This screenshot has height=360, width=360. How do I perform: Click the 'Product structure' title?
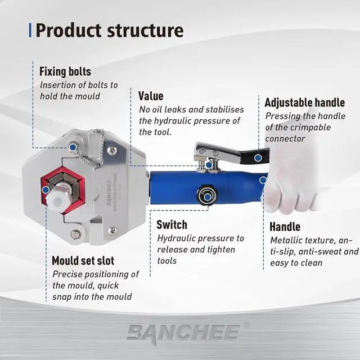[110, 30]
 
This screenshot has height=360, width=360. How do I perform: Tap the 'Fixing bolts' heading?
[65, 72]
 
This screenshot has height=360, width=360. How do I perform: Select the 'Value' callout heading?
[151, 96]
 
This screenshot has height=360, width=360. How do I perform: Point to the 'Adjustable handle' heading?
[304, 102]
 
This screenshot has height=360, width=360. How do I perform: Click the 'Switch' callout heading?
[172, 225]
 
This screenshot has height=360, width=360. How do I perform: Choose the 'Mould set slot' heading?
[83, 260]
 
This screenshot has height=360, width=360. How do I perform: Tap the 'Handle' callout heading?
[285, 227]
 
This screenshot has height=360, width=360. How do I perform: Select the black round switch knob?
[207, 196]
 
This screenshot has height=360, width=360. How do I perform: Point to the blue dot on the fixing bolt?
[74, 147]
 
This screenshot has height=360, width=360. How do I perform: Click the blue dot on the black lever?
[258, 158]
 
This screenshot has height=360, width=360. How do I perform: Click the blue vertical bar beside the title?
[30, 30]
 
